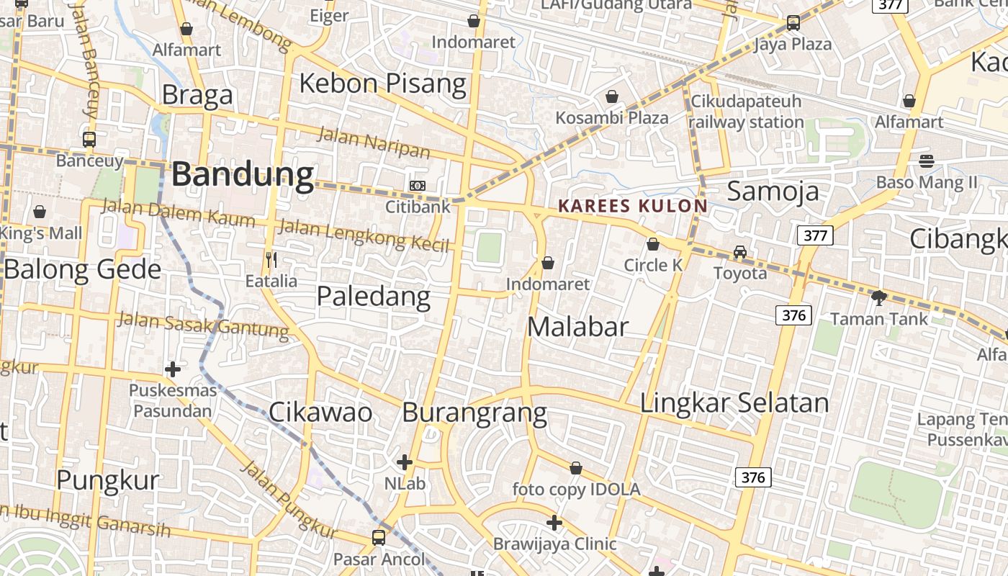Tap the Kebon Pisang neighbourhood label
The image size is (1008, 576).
point(382,84)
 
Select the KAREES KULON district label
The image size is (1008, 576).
point(633,206)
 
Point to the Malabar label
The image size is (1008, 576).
point(577,327)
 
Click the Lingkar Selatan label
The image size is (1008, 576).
point(734,402)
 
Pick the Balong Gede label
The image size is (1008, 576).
point(83,269)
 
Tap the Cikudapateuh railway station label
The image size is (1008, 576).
point(746,112)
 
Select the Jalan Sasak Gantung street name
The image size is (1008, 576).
point(204,324)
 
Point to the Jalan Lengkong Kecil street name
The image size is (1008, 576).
point(364,236)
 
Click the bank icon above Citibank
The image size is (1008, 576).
point(418,186)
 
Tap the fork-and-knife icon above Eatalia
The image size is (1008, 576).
point(271,259)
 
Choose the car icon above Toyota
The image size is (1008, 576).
point(740,252)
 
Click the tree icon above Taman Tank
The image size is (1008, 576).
point(878,297)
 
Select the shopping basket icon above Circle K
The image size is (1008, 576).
point(653,245)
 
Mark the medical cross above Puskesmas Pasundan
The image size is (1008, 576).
point(173,369)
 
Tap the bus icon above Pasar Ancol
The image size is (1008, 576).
point(379,537)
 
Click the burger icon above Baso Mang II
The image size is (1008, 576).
point(926,161)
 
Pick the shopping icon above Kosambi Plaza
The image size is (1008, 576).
point(612,96)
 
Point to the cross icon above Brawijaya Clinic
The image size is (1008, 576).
point(554,523)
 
